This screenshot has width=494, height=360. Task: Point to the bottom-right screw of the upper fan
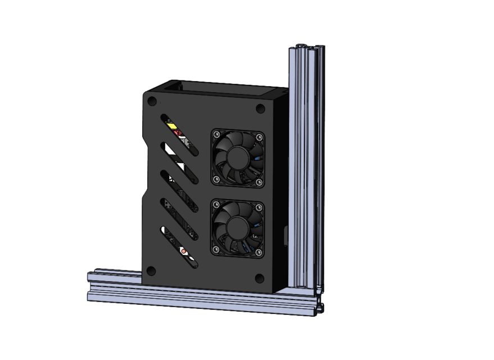pyautogui.click(x=259, y=182)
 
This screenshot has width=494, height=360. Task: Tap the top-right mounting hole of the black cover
pyautogui.click(x=260, y=109)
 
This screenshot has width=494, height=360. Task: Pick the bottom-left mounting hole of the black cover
pyautogui.click(x=151, y=271)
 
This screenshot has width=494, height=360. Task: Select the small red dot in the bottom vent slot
pyautogui.click(x=184, y=250)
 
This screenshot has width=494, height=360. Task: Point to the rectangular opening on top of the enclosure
pyautogui.click(x=219, y=88)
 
